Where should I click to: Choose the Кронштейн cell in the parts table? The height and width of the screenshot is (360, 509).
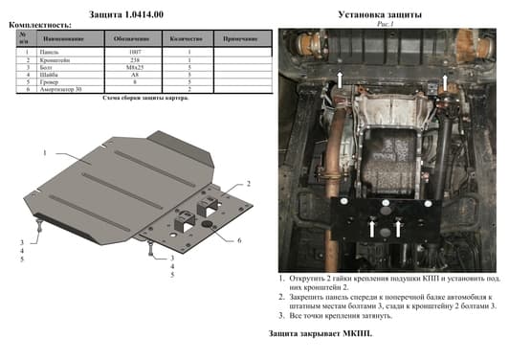[x=61, y=60]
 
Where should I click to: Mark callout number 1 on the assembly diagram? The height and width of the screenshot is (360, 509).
[x=44, y=153]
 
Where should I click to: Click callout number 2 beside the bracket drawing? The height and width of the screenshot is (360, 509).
[x=248, y=182]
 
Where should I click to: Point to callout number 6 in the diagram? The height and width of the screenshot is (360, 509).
[x=239, y=239]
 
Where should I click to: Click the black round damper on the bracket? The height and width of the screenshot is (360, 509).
[x=204, y=224]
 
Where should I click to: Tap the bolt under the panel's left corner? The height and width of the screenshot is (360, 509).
[x=39, y=227]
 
